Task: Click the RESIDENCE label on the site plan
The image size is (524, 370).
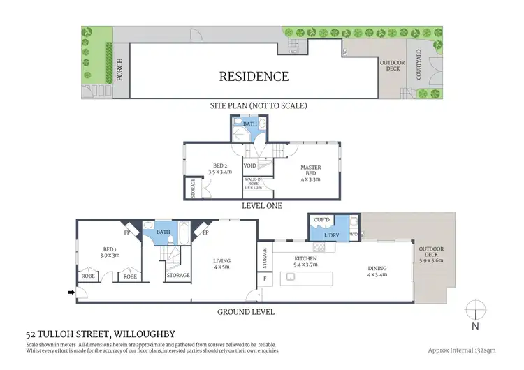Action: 254,76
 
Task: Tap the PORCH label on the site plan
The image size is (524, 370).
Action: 119,71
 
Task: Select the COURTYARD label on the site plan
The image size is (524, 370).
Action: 419,64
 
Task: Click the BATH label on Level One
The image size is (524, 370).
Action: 249,124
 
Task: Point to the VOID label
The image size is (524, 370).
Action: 249,167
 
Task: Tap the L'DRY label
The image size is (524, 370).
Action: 332,235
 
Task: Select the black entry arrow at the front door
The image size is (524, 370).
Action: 71,292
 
